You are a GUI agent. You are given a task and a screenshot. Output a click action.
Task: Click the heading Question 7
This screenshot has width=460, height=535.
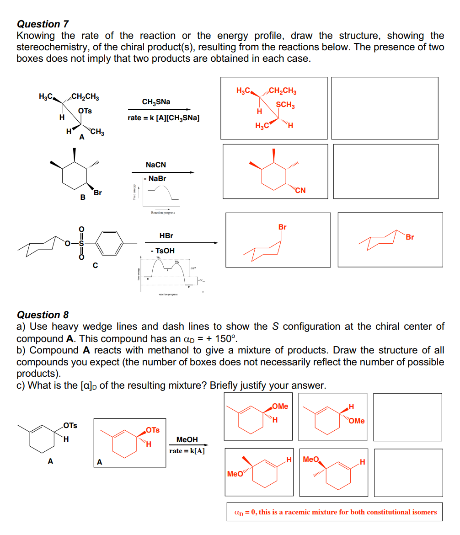pyautogui.click(x=43, y=24)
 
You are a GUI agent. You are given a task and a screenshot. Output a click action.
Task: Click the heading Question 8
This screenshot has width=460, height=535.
pyautogui.click(x=43, y=315)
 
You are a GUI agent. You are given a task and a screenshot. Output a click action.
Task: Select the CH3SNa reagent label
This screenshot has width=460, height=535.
pyautogui.click(x=156, y=102)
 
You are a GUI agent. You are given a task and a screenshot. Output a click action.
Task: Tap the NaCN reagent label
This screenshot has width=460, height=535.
pyautogui.click(x=156, y=165)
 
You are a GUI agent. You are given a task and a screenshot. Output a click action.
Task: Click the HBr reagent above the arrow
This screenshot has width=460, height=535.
pyautogui.click(x=166, y=236)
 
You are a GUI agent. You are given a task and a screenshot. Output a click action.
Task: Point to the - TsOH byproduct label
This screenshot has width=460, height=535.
pyautogui.click(x=162, y=251)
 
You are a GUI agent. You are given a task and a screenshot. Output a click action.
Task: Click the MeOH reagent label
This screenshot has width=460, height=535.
pyautogui.click(x=187, y=439)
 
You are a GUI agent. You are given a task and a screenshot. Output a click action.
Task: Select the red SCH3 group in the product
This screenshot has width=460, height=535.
pyautogui.click(x=285, y=105)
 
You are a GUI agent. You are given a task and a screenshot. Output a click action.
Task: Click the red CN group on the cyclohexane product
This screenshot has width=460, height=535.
pyautogui.click(x=300, y=191)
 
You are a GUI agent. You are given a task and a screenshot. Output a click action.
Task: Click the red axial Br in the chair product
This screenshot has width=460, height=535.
pyautogui.click(x=283, y=227)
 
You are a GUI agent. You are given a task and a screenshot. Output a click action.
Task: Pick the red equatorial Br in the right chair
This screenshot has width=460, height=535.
pyautogui.click(x=410, y=237)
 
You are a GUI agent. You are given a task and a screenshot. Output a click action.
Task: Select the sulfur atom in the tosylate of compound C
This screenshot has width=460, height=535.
pyautogui.click(x=81, y=243)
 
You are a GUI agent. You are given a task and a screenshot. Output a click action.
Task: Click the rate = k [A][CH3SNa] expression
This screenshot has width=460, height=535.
pyautogui.click(x=163, y=118)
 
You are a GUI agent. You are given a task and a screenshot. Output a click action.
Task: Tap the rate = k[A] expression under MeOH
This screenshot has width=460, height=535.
pyautogui.click(x=187, y=451)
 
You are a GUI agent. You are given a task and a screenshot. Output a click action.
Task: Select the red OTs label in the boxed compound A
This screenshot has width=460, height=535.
pyautogui.click(x=153, y=430)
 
